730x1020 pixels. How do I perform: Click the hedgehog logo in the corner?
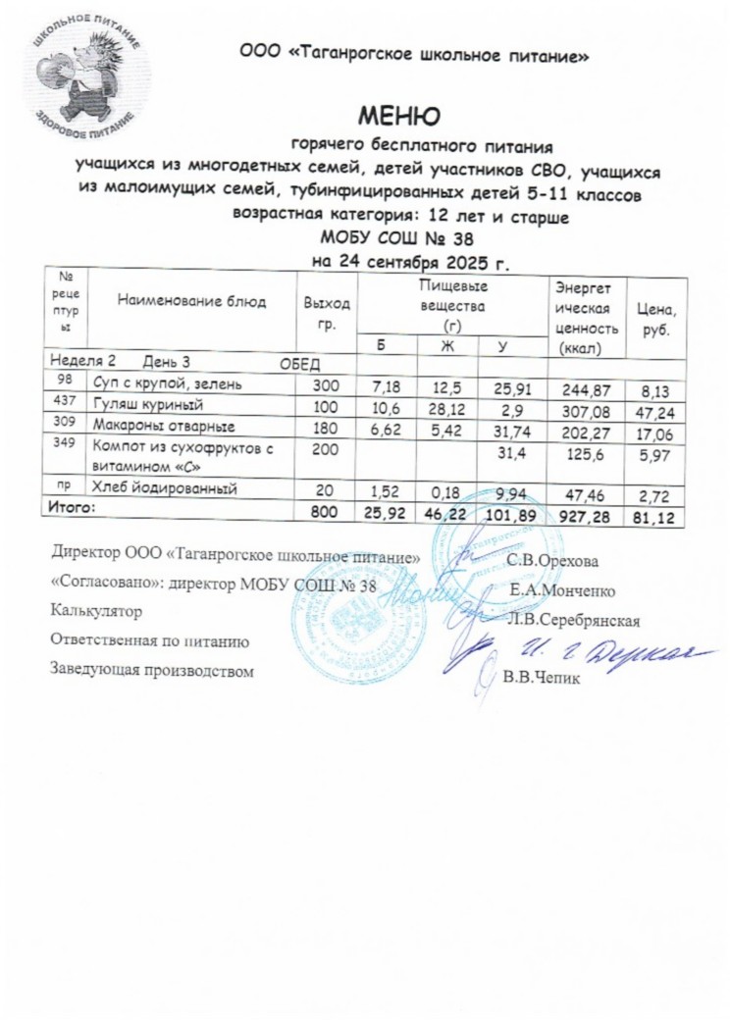click(x=86, y=75)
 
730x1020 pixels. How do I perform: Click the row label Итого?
click(x=73, y=508)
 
